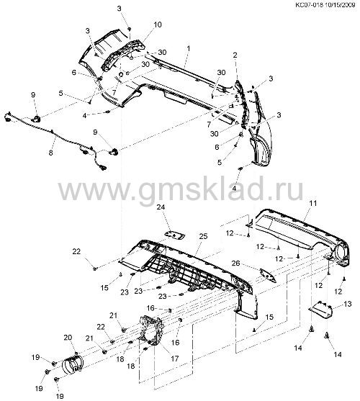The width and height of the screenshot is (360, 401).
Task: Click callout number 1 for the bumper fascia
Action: point(189,48)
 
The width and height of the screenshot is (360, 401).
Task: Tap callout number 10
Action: point(158,24)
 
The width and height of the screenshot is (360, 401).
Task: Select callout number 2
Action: point(235,55)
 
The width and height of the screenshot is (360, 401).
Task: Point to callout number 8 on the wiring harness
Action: point(51,153)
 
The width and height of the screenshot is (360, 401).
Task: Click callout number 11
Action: point(313,203)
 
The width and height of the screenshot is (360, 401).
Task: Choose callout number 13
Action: point(348,304)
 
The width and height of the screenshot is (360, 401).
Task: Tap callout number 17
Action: point(175,359)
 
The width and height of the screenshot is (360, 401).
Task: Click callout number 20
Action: point(68,338)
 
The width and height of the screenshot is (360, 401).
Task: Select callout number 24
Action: point(161,207)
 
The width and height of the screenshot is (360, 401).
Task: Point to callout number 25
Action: point(203,236)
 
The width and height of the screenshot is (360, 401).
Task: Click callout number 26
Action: point(236,263)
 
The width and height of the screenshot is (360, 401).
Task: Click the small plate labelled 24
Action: point(175,235)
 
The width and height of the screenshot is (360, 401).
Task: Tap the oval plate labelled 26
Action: point(268,276)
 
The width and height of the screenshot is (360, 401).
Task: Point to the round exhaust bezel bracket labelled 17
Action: point(151,330)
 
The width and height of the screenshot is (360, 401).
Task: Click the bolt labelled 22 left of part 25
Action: point(95,269)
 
